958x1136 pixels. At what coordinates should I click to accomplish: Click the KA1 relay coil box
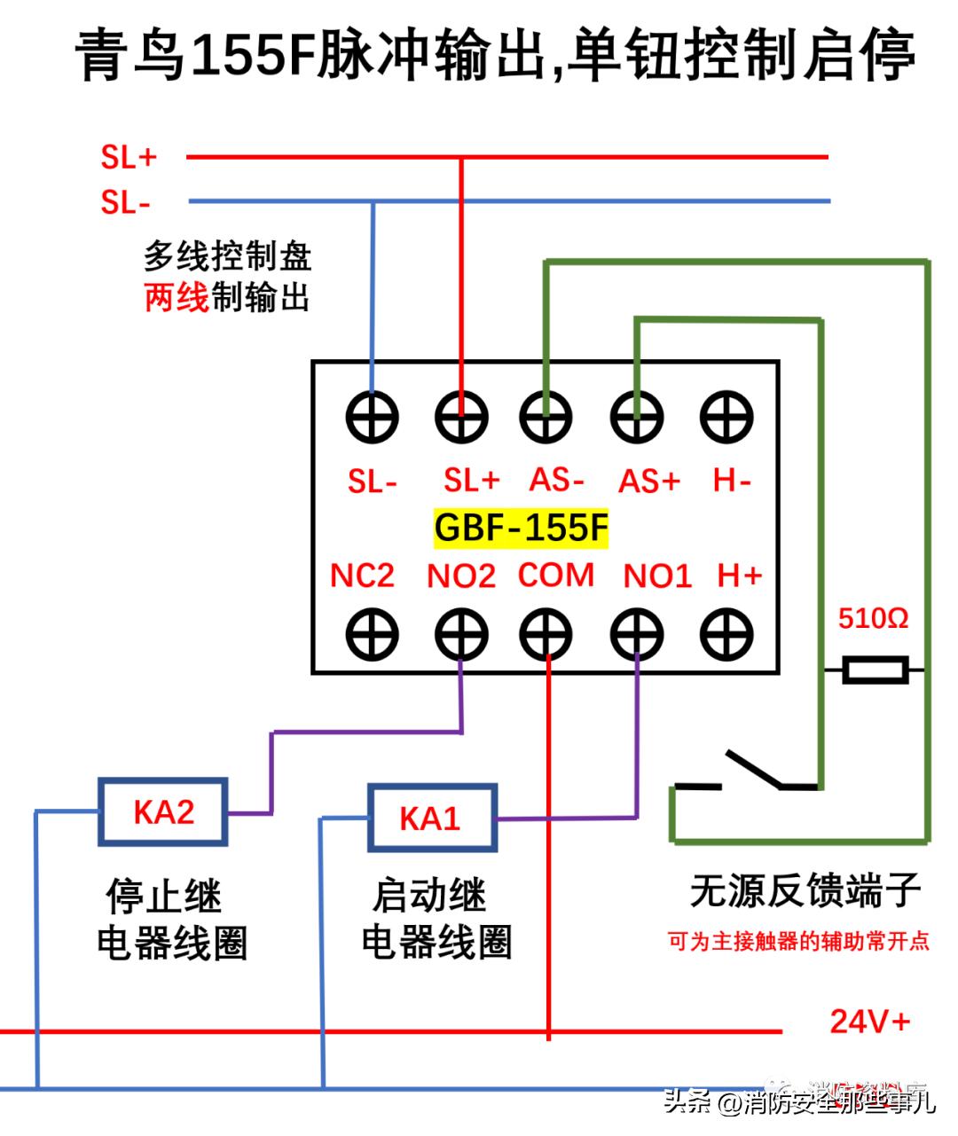pyautogui.click(x=431, y=817)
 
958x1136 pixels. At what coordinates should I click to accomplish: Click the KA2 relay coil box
pyautogui.click(x=163, y=811)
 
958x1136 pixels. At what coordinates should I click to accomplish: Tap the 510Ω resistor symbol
pyautogui.click(x=875, y=670)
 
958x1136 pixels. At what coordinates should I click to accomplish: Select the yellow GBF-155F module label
pyautogui.click(x=522, y=528)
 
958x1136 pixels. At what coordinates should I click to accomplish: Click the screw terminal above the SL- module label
pyautogui.click(x=372, y=417)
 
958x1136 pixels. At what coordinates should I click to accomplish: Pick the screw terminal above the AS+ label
pyautogui.click(x=637, y=417)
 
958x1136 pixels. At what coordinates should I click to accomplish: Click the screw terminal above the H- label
pyautogui.click(x=726, y=417)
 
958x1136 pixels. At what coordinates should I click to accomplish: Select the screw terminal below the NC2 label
pyautogui.click(x=372, y=635)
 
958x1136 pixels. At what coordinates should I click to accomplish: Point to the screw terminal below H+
pyautogui.click(x=726, y=635)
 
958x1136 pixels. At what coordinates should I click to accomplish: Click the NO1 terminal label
pyautogui.click(x=656, y=576)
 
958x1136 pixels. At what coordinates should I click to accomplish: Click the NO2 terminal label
pyautogui.click(x=460, y=576)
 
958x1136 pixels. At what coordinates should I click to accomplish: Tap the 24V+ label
pyautogui.click(x=869, y=1022)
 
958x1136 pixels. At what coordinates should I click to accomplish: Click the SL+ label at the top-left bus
pyautogui.click(x=129, y=158)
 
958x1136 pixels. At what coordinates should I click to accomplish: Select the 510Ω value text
pyautogui.click(x=873, y=618)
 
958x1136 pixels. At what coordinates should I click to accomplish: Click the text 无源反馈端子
pyautogui.click(x=805, y=891)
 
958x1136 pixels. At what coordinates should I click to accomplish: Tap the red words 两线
pyautogui.click(x=177, y=298)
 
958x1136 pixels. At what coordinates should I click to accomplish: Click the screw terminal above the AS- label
pyautogui.click(x=546, y=417)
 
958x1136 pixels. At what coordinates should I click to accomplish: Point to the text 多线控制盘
pyautogui.click(x=228, y=257)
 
